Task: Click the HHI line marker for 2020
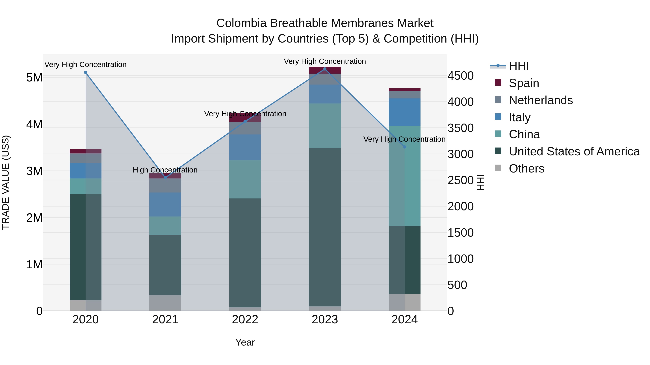click(86, 72)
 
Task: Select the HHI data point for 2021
click(165, 178)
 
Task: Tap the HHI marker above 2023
click(325, 69)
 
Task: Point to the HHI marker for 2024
click(404, 147)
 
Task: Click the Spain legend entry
click(524, 83)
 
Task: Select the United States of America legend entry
click(574, 151)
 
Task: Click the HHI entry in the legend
click(519, 66)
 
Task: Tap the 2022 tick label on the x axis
click(245, 320)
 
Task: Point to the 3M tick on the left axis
click(34, 171)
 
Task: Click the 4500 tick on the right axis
click(460, 76)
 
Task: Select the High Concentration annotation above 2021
click(165, 170)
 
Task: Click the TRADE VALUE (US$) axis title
click(6, 182)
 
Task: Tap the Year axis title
click(245, 342)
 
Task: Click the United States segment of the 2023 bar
click(325, 227)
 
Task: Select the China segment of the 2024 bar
click(404, 176)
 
